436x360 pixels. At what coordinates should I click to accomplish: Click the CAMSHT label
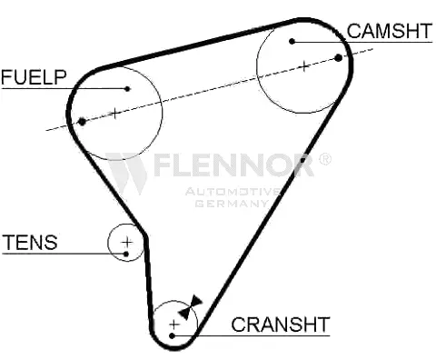coord(389,31)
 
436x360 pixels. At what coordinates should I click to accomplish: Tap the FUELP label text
coord(34,77)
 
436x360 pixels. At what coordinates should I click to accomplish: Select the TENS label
coord(30,243)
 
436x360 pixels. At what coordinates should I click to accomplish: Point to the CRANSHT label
coord(280,324)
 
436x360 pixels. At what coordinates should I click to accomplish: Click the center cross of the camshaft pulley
coord(303,65)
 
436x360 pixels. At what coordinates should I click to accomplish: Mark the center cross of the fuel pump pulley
coord(115,113)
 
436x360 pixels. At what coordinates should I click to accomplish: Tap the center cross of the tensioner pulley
coord(127,242)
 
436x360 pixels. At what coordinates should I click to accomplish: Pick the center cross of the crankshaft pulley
coord(173,323)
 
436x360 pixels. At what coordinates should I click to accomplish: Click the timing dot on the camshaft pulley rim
coord(339,56)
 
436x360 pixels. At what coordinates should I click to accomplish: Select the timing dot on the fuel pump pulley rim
coord(82,121)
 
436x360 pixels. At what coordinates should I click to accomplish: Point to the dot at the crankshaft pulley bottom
coord(172,336)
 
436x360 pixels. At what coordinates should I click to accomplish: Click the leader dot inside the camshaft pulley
coord(292,41)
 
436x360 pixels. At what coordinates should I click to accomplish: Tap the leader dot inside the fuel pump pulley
coord(128,89)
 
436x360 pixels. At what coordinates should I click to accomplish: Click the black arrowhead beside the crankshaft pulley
coord(187,310)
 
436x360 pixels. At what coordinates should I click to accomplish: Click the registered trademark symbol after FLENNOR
coord(324,160)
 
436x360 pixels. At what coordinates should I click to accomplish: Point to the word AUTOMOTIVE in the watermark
coord(233,191)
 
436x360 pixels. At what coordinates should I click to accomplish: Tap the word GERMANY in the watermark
coord(230,203)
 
